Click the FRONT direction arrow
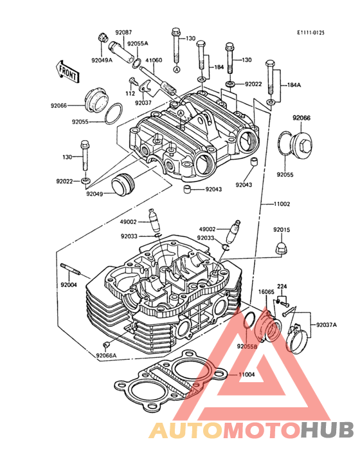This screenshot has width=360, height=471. tap(67, 72)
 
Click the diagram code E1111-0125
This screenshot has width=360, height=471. tap(310, 33)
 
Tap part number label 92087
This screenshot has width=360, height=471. tap(123, 32)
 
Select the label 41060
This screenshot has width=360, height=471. tap(154, 60)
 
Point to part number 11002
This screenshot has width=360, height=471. tap(282, 204)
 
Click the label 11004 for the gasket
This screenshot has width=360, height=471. tap(247, 374)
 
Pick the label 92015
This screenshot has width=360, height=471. tap(282, 230)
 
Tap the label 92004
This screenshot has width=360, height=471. tap(69, 285)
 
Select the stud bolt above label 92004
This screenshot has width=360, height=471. tap(71, 269)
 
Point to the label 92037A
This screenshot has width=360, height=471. tap(327, 325)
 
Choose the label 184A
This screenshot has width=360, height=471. tap(294, 85)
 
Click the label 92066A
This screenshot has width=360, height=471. tap(106, 356)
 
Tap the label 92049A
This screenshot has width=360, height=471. tap(102, 60)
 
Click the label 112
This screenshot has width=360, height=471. tap(130, 93)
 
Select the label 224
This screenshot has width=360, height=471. tap(282, 286)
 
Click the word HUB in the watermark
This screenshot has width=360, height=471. tap(328, 430)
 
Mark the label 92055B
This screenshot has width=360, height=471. tap(248, 346)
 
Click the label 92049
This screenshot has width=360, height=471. tap(94, 194)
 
